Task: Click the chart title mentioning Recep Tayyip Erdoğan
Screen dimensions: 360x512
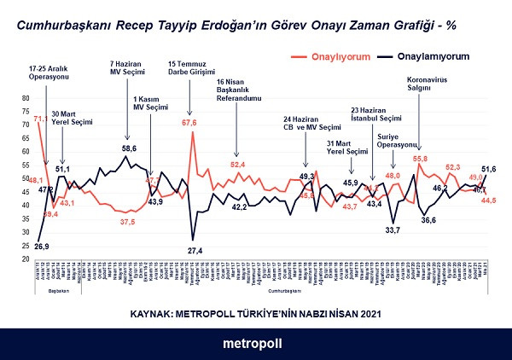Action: (x=238, y=26)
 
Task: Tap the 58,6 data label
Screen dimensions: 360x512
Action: (x=128, y=148)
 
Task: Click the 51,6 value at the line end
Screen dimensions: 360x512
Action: (x=489, y=169)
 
